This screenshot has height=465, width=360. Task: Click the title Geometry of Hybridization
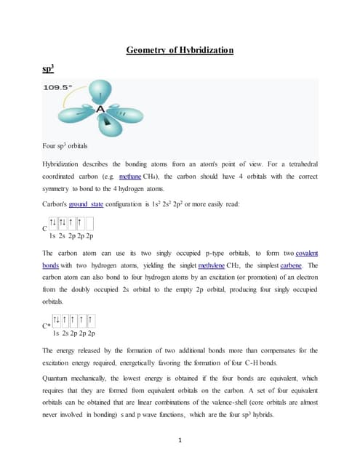tap(180, 50)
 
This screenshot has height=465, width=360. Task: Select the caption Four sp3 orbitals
tap(66, 147)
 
